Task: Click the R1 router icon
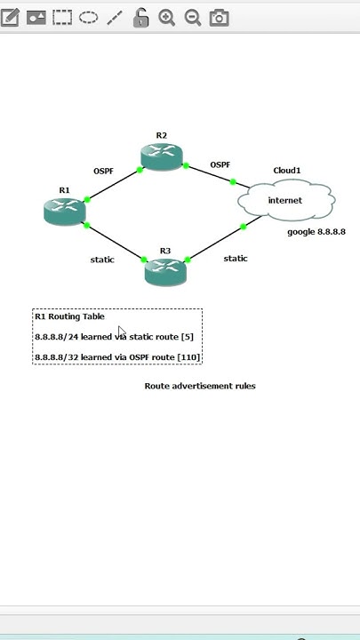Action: click(x=64, y=211)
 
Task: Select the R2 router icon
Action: click(x=161, y=156)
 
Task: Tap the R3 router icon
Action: click(x=165, y=271)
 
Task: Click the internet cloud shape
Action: click(x=285, y=201)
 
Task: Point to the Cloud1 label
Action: click(x=286, y=171)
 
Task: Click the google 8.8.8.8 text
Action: click(x=316, y=232)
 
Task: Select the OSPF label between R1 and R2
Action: click(x=103, y=171)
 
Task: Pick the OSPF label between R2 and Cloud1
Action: click(x=220, y=164)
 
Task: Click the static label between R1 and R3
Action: click(x=102, y=260)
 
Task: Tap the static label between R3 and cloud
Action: click(x=236, y=259)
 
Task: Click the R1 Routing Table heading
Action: click(x=69, y=316)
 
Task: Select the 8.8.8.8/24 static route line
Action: click(x=114, y=338)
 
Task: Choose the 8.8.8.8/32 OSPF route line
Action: click(x=117, y=357)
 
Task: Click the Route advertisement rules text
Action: click(x=200, y=386)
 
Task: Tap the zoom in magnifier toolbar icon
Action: click(x=166, y=18)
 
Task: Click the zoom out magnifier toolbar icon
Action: click(x=192, y=18)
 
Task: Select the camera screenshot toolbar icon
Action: click(x=219, y=18)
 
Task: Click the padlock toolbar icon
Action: click(x=140, y=18)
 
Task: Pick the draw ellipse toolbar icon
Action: click(x=88, y=17)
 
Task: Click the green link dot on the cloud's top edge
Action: click(x=233, y=182)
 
